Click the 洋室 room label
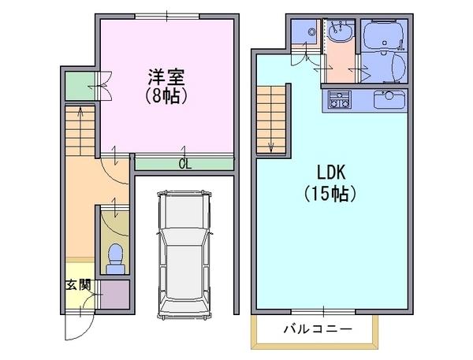click(166, 76)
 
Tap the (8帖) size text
click(166, 96)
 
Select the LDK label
click(331, 173)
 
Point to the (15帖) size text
click(330, 194)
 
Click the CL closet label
click(185, 164)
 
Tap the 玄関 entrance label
click(78, 284)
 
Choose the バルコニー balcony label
click(318, 328)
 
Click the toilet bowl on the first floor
click(116, 258)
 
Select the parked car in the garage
click(184, 255)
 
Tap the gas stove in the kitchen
click(340, 99)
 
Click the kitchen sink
click(389, 99)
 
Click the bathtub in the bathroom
click(384, 35)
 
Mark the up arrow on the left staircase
click(80, 131)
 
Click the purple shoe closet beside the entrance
click(114, 294)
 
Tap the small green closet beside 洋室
click(80, 86)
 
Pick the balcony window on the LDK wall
click(323, 312)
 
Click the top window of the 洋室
click(167, 17)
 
